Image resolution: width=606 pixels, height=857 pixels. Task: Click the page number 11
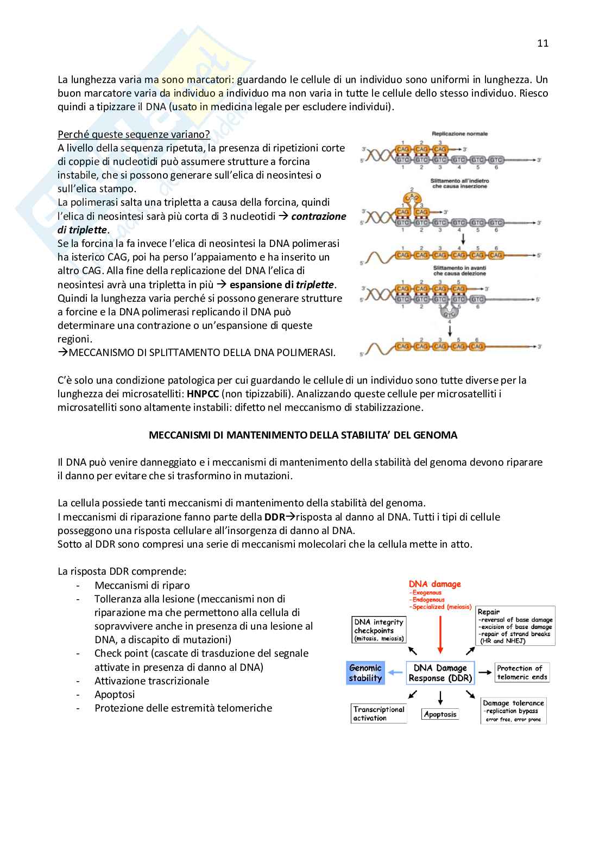[x=542, y=43]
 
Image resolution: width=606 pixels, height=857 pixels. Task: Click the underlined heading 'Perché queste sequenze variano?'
[x=134, y=134]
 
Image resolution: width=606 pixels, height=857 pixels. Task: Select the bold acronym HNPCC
[x=203, y=394]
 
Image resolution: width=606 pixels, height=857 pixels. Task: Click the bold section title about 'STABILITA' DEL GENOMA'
[x=303, y=435]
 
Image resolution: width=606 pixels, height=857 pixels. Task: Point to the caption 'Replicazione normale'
[x=459, y=134]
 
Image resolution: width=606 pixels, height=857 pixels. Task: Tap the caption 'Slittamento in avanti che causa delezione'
[x=459, y=271]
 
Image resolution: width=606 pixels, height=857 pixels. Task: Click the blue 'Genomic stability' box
[x=365, y=673]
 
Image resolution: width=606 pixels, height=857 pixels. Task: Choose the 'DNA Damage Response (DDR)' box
[x=440, y=673]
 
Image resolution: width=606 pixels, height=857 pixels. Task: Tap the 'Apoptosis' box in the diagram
[x=440, y=714]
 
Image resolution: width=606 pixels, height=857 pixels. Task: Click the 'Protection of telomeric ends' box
[x=522, y=672]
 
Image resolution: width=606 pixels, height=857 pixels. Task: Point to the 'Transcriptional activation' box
[x=378, y=713]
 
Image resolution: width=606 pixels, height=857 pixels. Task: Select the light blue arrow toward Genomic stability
[x=395, y=673]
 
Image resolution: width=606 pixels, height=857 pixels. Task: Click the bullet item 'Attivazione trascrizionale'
[x=151, y=681]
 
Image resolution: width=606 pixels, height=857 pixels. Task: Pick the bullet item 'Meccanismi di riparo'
[x=142, y=585]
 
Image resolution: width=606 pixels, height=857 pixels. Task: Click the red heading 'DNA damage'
[x=434, y=584]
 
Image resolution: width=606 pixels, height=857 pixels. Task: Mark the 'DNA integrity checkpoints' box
[x=379, y=630]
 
